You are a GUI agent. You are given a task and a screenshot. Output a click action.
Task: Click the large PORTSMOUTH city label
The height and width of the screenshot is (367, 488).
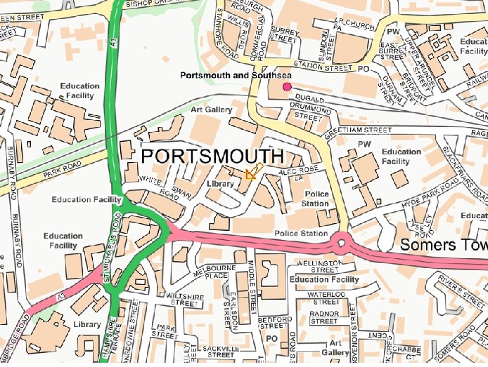click(213, 156)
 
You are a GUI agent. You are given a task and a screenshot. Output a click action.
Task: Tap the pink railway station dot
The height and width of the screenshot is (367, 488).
click(286, 87)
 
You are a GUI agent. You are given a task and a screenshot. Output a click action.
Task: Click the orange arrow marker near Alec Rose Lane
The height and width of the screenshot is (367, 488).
click(252, 172)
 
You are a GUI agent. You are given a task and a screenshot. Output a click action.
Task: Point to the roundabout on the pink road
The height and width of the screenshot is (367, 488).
click(342, 243)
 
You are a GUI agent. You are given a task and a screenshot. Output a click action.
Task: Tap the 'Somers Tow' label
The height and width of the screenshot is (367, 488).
click(444, 245)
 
